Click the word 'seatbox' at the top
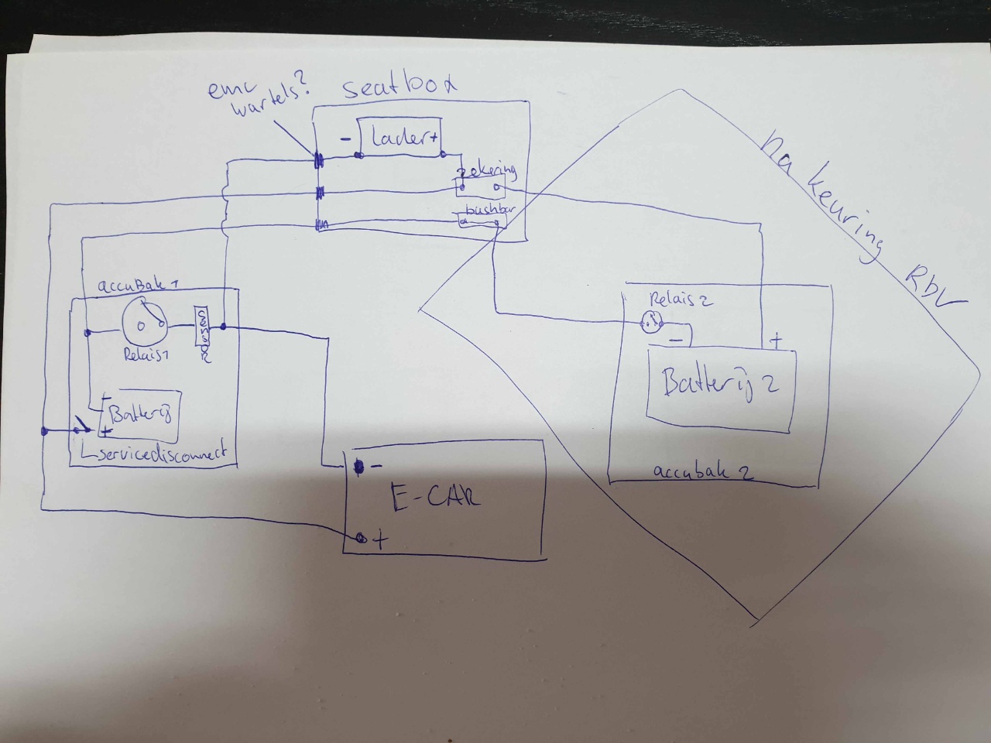coord(399,86)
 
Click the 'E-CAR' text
coord(434,497)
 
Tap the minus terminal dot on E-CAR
coord(358,467)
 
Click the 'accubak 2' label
coord(703,471)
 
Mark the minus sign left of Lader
coord(345,139)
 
